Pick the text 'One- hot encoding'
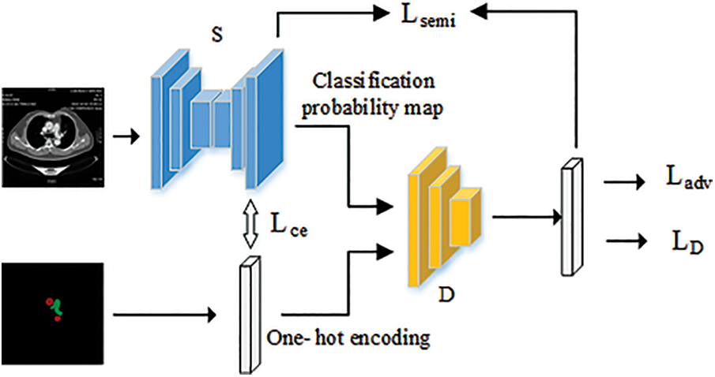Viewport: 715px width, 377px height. [348, 338]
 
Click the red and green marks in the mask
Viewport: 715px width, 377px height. [55, 308]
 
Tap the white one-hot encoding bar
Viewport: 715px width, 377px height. [250, 313]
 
